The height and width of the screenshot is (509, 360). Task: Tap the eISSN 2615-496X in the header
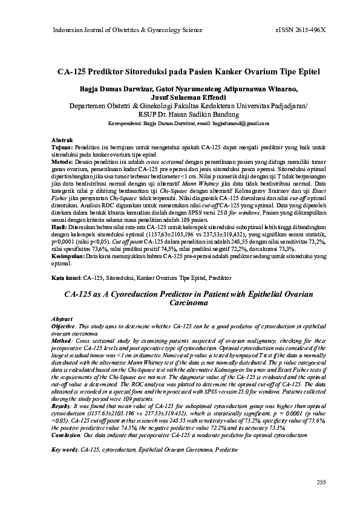coord(300,29)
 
